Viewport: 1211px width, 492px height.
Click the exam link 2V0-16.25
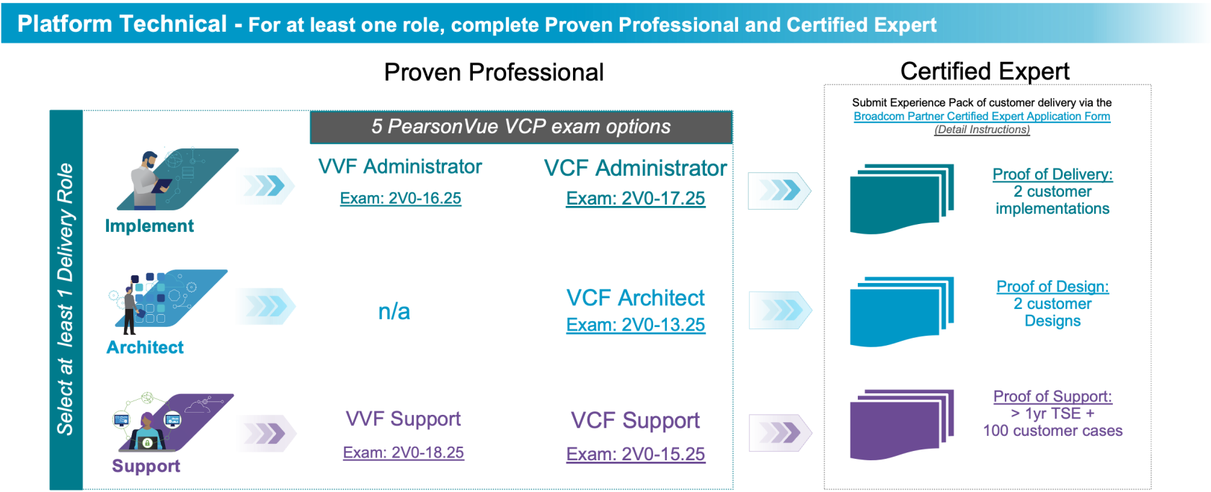click(x=400, y=198)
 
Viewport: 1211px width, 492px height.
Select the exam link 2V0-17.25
click(x=635, y=198)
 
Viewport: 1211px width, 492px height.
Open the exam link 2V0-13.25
click(x=635, y=325)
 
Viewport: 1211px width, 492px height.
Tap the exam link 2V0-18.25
click(x=403, y=452)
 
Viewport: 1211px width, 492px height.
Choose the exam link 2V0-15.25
click(x=635, y=454)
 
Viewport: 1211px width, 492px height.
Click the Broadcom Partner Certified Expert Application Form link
click(x=982, y=116)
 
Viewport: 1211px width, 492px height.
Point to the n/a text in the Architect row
click(x=394, y=311)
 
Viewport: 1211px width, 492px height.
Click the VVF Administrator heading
click(x=400, y=166)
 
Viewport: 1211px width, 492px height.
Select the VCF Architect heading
click(x=635, y=298)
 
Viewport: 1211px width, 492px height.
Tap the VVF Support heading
click(x=403, y=419)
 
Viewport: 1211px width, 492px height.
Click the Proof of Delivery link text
click(x=1052, y=174)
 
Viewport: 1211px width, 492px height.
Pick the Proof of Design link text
click(x=1052, y=287)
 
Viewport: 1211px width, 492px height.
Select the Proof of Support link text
click(x=1052, y=396)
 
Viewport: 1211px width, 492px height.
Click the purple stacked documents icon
click(x=902, y=424)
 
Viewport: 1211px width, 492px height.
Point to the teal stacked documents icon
click(x=902, y=199)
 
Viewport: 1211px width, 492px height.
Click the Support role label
click(x=146, y=466)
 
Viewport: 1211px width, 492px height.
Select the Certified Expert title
click(x=985, y=71)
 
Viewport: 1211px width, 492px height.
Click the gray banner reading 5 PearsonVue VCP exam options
click(x=520, y=127)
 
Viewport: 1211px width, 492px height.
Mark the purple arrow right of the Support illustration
click(x=266, y=433)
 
